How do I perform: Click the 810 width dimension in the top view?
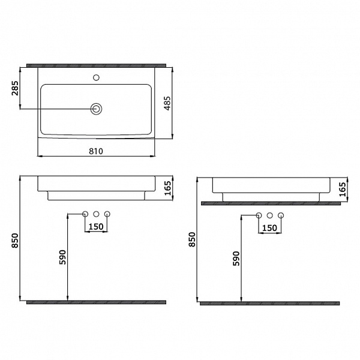[96, 151]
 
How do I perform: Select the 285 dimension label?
[14, 90]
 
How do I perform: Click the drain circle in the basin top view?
[96, 109]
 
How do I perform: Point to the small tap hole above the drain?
[96, 77]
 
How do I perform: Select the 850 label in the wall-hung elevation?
[14, 239]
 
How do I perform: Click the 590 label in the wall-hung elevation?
[62, 257]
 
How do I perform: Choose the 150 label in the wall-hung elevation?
[96, 227]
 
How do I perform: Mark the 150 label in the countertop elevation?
[270, 228]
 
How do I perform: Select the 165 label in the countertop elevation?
[343, 190]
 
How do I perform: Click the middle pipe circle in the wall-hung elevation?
[96, 214]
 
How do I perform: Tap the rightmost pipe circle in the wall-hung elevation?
[107, 214]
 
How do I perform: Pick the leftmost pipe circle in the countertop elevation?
[259, 215]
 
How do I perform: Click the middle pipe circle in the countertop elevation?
[270, 215]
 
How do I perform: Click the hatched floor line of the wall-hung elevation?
[96, 302]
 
